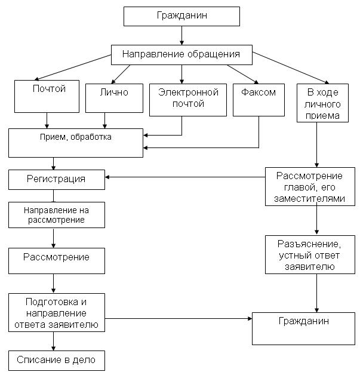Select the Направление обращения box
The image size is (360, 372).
(x=181, y=54)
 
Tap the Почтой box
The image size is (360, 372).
(x=48, y=96)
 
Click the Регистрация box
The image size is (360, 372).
(x=56, y=179)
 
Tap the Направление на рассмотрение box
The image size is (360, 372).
(x=56, y=215)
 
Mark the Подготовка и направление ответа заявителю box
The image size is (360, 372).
(x=56, y=312)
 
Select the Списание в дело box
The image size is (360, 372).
(x=56, y=360)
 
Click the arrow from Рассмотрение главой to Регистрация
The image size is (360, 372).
(x=185, y=177)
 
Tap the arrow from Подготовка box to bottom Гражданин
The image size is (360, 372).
(x=179, y=319)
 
